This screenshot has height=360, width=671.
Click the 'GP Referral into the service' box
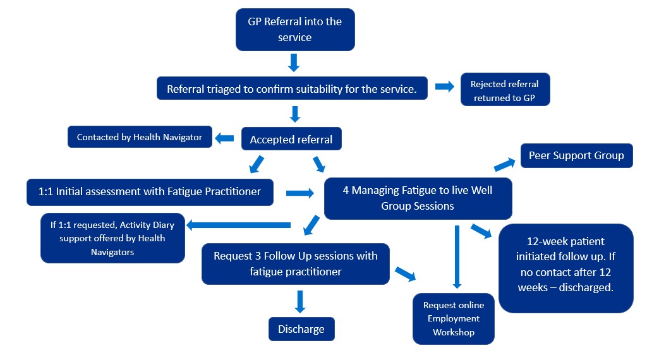click(295, 30)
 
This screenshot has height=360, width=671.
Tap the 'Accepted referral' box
click(291, 140)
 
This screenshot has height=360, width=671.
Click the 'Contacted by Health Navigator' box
click(140, 137)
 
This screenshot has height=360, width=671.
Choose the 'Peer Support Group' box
click(576, 155)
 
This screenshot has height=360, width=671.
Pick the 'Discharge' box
click(301, 329)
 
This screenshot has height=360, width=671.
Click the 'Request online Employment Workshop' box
click(454, 318)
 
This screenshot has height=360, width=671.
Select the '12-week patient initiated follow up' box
click(565, 268)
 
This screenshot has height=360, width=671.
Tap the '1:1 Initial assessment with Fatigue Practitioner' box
click(150, 192)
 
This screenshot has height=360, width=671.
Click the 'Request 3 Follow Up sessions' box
click(295, 264)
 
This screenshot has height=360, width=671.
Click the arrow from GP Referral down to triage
click(293, 63)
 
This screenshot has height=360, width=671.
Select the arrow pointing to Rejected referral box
click(445, 87)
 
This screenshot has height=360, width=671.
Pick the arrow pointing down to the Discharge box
click(301, 301)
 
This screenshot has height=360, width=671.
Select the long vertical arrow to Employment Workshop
click(456, 256)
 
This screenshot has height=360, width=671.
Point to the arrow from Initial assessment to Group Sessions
click(300, 193)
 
